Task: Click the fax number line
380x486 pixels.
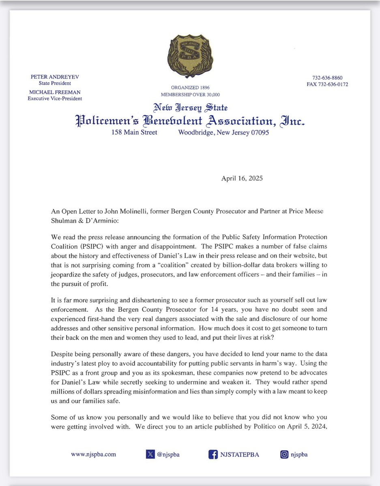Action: tap(328, 85)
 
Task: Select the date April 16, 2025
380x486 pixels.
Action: tap(242, 178)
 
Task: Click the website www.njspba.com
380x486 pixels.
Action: tap(93, 454)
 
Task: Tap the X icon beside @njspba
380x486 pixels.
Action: tap(150, 454)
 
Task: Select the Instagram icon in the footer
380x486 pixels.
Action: tap(284, 454)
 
